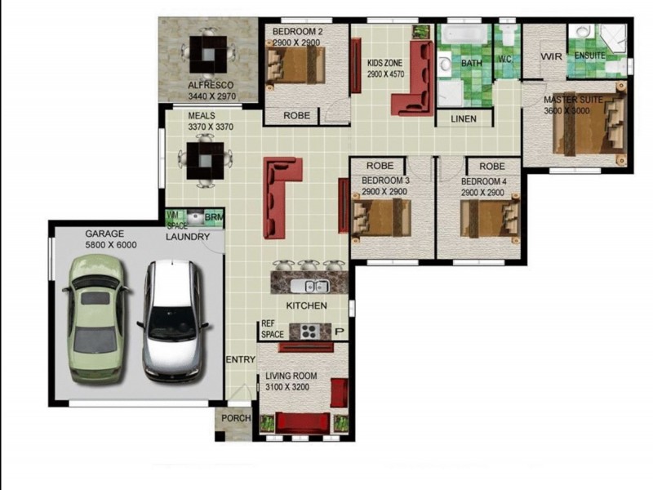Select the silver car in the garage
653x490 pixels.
pyautogui.click(x=173, y=320)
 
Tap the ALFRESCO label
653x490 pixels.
pyautogui.click(x=211, y=85)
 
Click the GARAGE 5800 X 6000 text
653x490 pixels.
pyautogui.click(x=111, y=239)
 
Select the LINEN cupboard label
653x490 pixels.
pyautogui.click(x=464, y=118)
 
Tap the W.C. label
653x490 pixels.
pyautogui.click(x=504, y=59)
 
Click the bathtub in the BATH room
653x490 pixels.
pyautogui.click(x=464, y=34)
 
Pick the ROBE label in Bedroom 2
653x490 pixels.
pyautogui.click(x=296, y=115)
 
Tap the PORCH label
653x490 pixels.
pyautogui.click(x=236, y=418)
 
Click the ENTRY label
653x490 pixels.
pyautogui.click(x=240, y=359)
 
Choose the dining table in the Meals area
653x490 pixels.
pyautogui.click(x=205, y=160)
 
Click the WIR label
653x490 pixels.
pyautogui.click(x=552, y=56)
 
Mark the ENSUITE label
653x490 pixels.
pyautogui.click(x=589, y=56)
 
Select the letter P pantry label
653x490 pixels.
pyautogui.click(x=340, y=332)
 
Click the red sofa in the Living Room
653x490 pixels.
pyautogui.click(x=303, y=422)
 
